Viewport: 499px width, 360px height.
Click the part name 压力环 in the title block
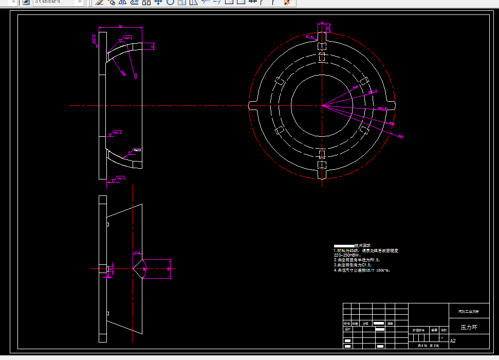(x=468, y=327)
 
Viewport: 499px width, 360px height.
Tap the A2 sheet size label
(x=453, y=340)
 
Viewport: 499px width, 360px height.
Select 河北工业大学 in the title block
(x=468, y=311)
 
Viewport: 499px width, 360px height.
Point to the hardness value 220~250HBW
(x=347, y=255)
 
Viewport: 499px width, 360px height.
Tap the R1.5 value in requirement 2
(x=375, y=260)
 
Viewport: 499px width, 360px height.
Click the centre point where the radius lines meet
(x=322, y=105)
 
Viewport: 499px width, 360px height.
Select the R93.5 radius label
(x=382, y=109)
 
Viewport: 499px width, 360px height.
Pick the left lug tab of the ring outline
(x=253, y=105)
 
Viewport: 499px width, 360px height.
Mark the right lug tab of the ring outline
(x=392, y=105)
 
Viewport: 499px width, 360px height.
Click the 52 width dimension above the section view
(x=120, y=26)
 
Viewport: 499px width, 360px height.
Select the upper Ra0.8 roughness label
(x=126, y=38)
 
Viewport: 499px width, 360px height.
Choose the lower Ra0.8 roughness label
(x=137, y=150)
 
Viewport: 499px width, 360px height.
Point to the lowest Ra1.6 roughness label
(x=120, y=178)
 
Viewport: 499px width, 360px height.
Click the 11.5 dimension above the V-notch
(x=137, y=253)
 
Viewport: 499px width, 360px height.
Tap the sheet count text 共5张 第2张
(x=428, y=346)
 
